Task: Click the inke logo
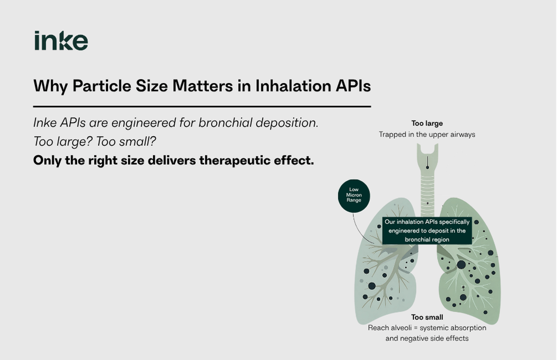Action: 61,40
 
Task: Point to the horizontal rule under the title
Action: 202,106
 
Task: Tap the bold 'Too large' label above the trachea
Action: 427,124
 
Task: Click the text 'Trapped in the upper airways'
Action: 427,135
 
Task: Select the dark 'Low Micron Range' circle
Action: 354,196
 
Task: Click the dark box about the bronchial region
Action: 427,231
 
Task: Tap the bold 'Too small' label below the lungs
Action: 427,317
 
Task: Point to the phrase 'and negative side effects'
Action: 427,338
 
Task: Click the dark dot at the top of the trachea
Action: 427,168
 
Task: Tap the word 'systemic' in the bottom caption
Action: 433,328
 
